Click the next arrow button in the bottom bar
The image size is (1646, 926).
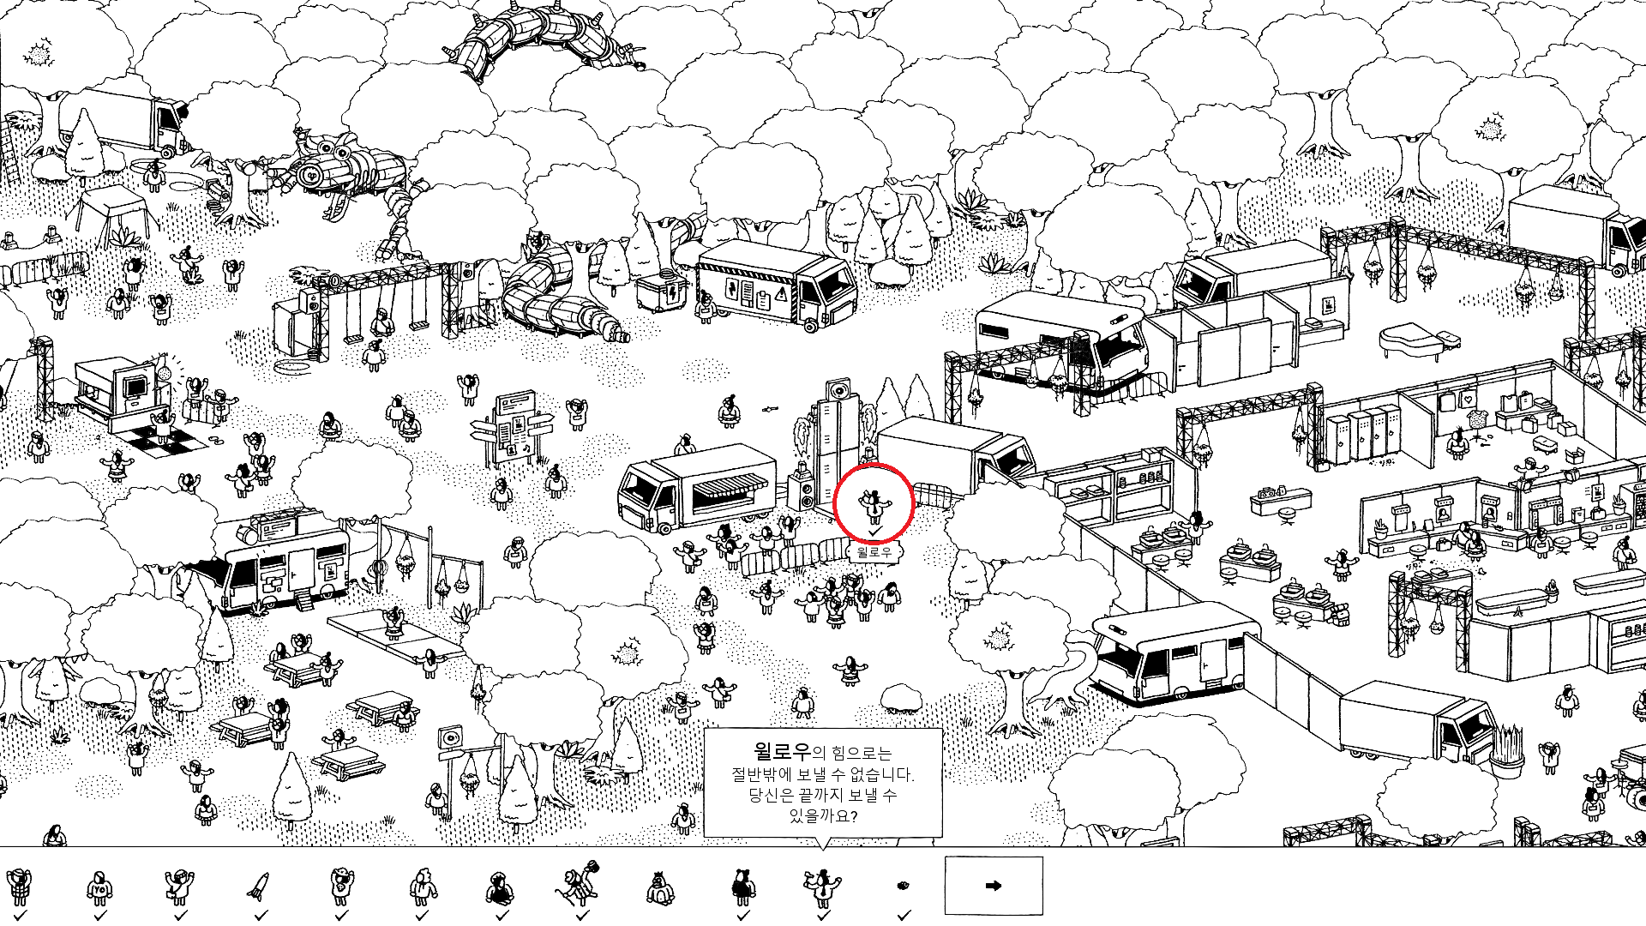click(x=994, y=886)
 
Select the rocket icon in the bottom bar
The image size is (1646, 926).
click(x=259, y=886)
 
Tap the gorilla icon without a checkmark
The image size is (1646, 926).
click(x=660, y=888)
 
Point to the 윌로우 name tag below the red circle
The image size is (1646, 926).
click(x=874, y=552)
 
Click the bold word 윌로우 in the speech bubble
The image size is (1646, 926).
click(x=782, y=752)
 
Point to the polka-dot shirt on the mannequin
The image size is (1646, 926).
click(x=1475, y=418)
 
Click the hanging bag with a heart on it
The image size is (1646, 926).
click(x=1469, y=400)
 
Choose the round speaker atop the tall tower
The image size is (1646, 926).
click(x=840, y=392)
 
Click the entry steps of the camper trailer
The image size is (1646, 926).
click(x=305, y=599)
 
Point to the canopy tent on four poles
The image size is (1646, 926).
click(x=114, y=211)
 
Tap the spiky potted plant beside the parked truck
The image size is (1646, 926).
click(x=1509, y=749)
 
